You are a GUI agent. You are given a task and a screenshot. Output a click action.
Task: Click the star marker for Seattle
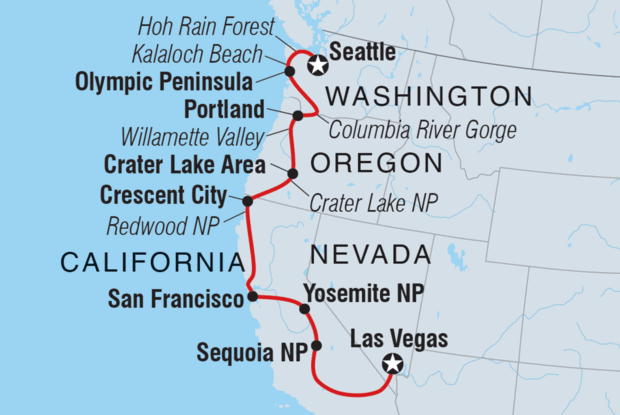(318, 66)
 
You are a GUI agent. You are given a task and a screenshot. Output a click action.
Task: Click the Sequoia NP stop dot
(316, 346)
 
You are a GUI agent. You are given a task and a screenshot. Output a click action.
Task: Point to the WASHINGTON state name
(427, 96)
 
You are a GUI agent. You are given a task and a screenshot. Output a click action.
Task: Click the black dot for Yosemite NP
(305, 308)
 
